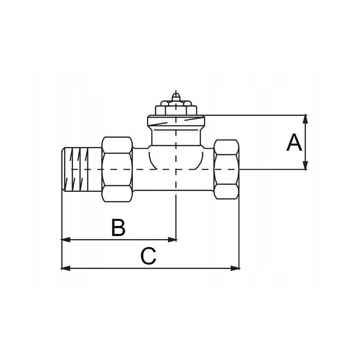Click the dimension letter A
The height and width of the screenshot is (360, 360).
[x=294, y=142]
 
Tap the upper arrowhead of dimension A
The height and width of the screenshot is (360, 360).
[x=305, y=118]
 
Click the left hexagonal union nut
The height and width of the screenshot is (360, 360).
[x=117, y=169]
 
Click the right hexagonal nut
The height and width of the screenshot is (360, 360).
[x=227, y=169]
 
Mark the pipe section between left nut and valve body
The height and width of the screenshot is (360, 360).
[x=141, y=169]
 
